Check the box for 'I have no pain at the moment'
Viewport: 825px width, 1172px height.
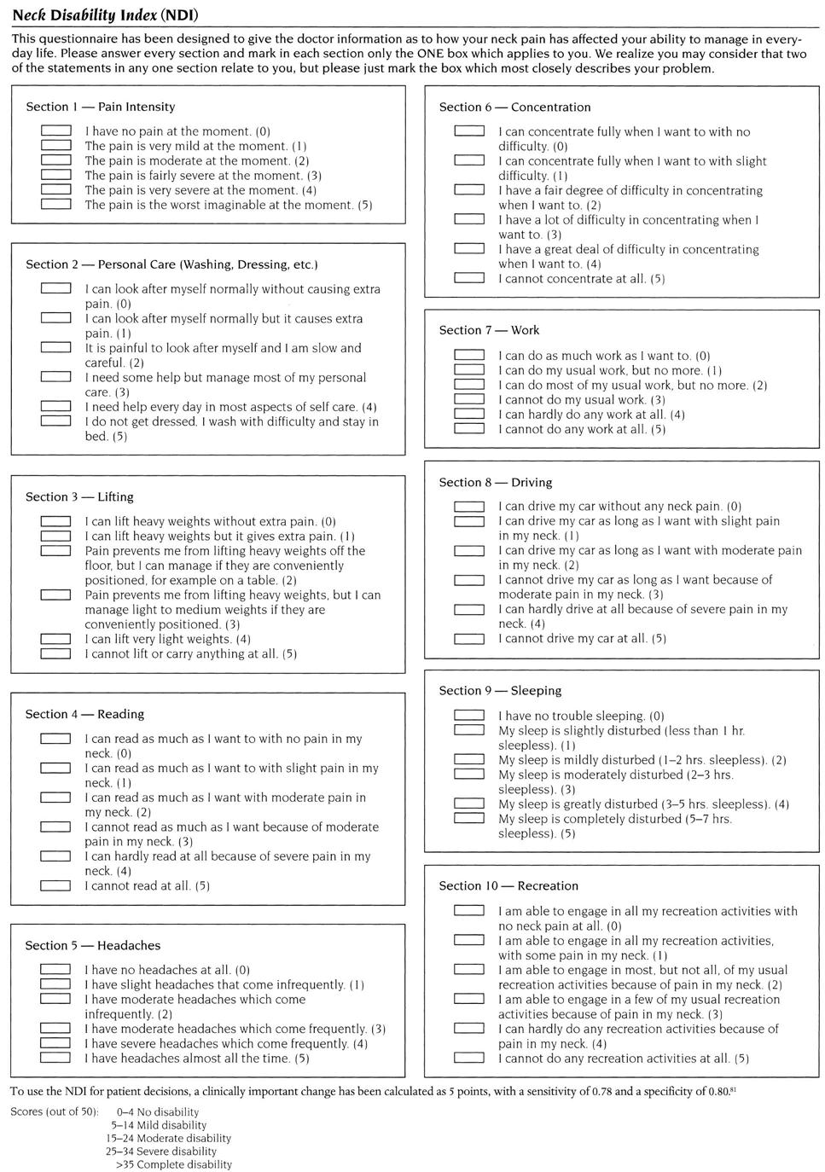(56, 131)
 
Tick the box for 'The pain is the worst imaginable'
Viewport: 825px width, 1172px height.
(56, 205)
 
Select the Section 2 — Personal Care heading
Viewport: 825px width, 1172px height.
(171, 264)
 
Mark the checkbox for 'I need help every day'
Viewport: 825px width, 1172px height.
(56, 407)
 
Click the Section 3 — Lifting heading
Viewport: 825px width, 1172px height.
(79, 496)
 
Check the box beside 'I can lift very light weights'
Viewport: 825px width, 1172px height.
(56, 639)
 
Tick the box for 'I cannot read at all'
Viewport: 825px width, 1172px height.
(56, 885)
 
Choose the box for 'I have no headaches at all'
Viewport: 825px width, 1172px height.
(56, 970)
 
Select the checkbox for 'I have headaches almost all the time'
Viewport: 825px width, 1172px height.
(56, 1059)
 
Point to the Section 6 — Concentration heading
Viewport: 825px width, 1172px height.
(514, 107)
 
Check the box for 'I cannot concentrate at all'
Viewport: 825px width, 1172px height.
(469, 278)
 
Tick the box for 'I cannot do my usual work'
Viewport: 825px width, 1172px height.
(469, 399)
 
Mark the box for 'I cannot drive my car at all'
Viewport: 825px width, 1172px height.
(469, 638)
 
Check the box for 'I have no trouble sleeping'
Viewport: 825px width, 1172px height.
(469, 716)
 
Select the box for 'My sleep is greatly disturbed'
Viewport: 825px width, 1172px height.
(469, 804)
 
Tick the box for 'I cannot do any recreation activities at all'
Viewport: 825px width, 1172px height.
(469, 1058)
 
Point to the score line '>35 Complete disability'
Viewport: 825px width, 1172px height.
(173, 1164)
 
